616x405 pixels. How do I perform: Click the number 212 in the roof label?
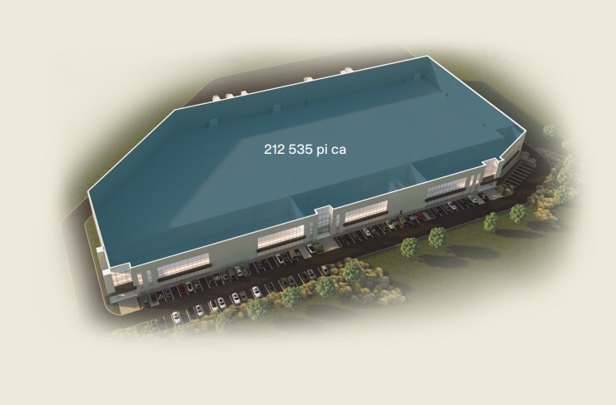click(x=275, y=150)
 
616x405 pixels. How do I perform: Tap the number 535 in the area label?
click(x=301, y=150)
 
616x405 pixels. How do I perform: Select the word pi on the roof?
click(x=322, y=150)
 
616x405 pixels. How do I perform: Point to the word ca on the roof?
click(x=339, y=151)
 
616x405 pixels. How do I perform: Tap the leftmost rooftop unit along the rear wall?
click(x=217, y=98)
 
